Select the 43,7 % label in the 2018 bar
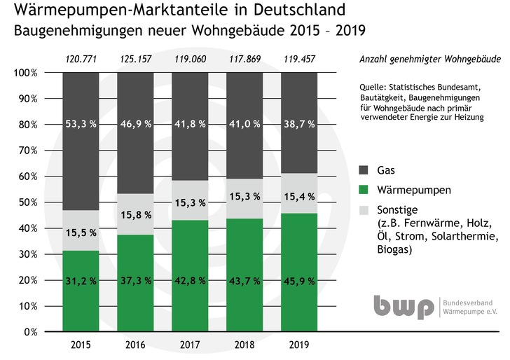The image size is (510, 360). pyautogui.click(x=244, y=280)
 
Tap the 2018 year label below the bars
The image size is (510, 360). pyautogui.click(x=244, y=345)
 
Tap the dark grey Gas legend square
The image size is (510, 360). pyautogui.click(x=362, y=169)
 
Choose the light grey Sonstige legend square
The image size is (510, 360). pyautogui.click(x=362, y=209)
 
